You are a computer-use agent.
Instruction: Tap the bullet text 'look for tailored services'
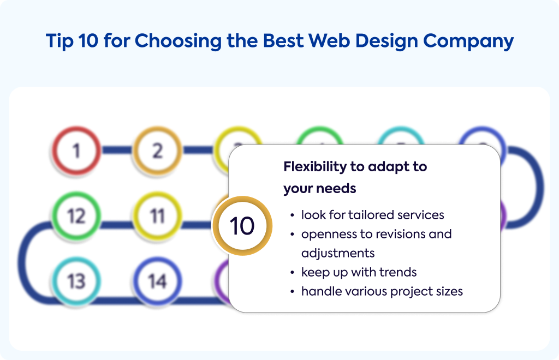coord(372,215)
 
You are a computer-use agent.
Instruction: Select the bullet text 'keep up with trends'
coord(359,272)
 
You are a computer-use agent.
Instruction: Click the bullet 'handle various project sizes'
coord(382,292)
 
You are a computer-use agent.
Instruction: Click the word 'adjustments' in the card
coord(337,254)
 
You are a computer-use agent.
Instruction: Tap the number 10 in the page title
coord(88,40)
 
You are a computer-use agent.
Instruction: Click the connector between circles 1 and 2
coord(117,150)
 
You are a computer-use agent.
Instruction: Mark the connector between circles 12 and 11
coord(117,225)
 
